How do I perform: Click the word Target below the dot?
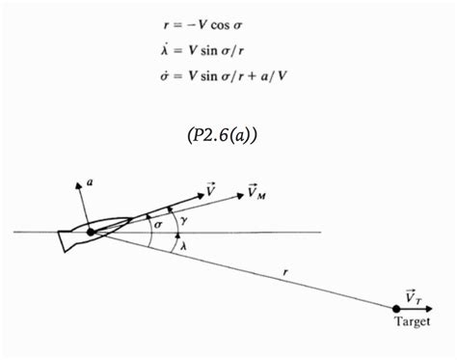(x=413, y=321)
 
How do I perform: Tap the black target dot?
(x=397, y=308)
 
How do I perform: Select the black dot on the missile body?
(x=91, y=233)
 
